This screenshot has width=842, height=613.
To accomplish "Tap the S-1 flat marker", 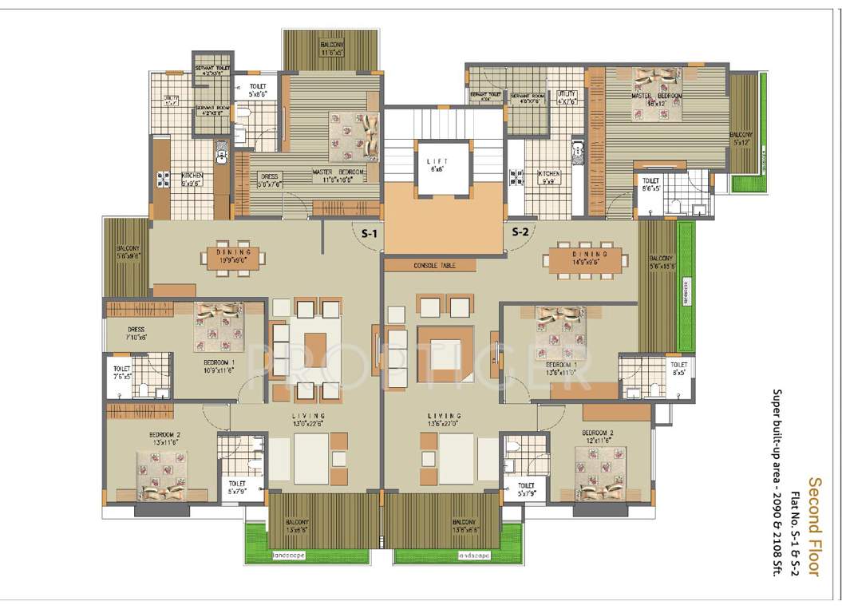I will (x=369, y=233).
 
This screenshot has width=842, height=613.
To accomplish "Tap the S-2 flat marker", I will (x=520, y=233).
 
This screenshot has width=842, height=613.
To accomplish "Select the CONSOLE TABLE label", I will (x=434, y=265).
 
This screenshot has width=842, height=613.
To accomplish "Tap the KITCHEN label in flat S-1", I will (x=192, y=176).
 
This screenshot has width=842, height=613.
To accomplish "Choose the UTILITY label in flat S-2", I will (x=567, y=97).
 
